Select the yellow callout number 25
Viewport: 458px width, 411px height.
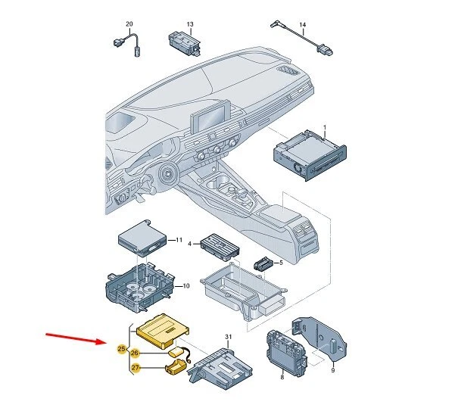tap(122, 349)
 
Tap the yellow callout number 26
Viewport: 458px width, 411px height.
tap(136, 353)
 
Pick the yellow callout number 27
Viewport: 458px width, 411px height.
tap(136, 369)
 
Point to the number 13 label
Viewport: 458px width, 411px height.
tap(190, 25)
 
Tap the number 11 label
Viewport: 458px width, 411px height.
tap(179, 240)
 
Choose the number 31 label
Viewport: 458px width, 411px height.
tap(228, 336)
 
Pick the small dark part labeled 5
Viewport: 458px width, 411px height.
tap(264, 264)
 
